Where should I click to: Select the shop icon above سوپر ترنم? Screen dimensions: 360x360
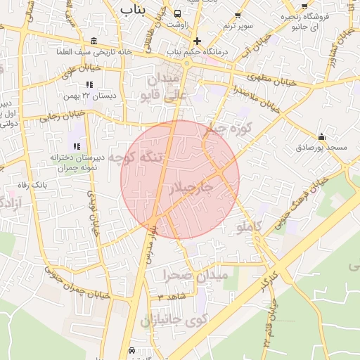(x=238, y=14)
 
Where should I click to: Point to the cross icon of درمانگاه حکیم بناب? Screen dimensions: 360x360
(x=198, y=41)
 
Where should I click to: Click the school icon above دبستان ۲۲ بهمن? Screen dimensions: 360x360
(x=89, y=84)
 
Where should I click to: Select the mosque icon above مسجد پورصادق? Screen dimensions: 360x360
(x=322, y=136)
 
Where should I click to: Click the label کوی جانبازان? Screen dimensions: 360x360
(x=172, y=320)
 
